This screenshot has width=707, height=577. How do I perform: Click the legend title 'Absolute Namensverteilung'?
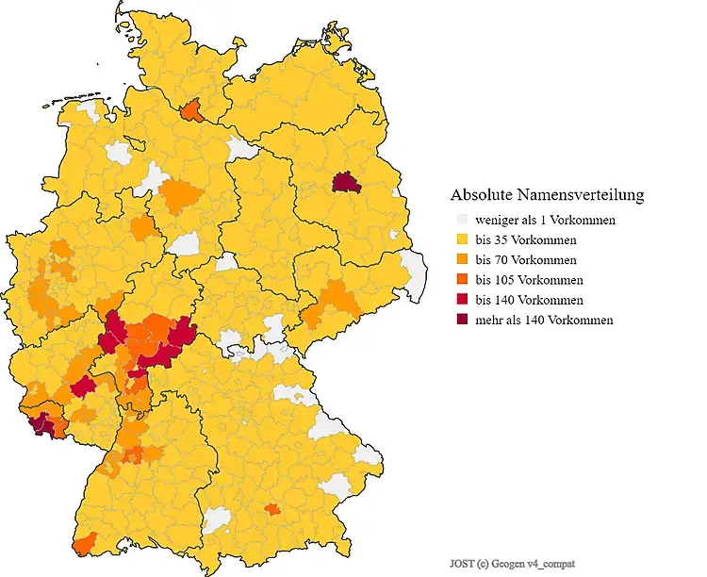tap(547, 195)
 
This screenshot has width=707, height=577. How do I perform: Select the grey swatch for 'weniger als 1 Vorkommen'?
tap(462, 220)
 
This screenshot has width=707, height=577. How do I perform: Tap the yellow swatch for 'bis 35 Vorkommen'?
tap(462, 239)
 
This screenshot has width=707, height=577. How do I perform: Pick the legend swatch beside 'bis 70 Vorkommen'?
tap(462, 259)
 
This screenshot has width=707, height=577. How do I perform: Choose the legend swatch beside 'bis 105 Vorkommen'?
tap(462, 280)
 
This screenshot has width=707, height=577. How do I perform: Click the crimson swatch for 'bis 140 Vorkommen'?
tap(462, 300)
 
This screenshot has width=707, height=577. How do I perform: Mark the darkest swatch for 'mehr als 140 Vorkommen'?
tap(462, 320)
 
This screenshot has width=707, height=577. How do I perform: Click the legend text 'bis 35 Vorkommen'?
tap(526, 239)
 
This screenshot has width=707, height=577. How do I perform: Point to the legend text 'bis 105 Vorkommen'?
tap(529, 280)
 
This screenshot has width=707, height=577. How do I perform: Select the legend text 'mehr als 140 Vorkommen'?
tap(544, 320)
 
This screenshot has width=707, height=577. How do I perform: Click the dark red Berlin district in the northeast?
tap(346, 182)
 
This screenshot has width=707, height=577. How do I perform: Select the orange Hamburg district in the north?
tap(192, 110)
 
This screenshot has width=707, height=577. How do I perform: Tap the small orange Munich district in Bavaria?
tap(271, 509)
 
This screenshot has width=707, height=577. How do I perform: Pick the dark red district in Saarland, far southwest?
tap(42, 425)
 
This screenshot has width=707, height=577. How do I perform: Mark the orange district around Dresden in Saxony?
tap(337, 300)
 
